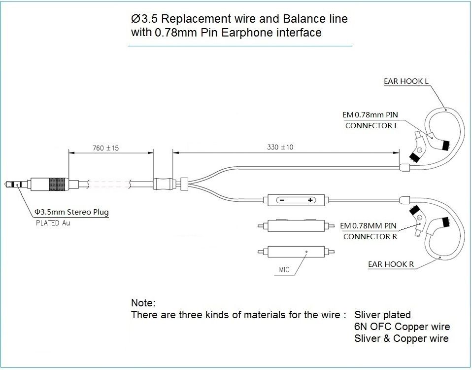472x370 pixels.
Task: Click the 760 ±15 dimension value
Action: [105, 148]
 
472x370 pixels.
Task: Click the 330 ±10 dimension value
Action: [280, 147]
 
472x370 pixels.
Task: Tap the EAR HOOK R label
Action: [391, 264]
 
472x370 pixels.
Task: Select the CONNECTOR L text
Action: [371, 125]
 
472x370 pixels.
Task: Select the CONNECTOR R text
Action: [370, 236]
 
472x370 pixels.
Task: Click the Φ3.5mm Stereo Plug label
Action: [71, 212]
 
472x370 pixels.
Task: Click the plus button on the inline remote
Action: [310, 200]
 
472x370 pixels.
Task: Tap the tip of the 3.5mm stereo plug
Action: [6, 185]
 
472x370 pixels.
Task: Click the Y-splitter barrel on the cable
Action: [163, 184]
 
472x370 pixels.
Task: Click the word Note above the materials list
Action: [143, 302]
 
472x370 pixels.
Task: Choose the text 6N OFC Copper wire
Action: [402, 327]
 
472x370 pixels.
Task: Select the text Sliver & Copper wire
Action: [401, 338]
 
